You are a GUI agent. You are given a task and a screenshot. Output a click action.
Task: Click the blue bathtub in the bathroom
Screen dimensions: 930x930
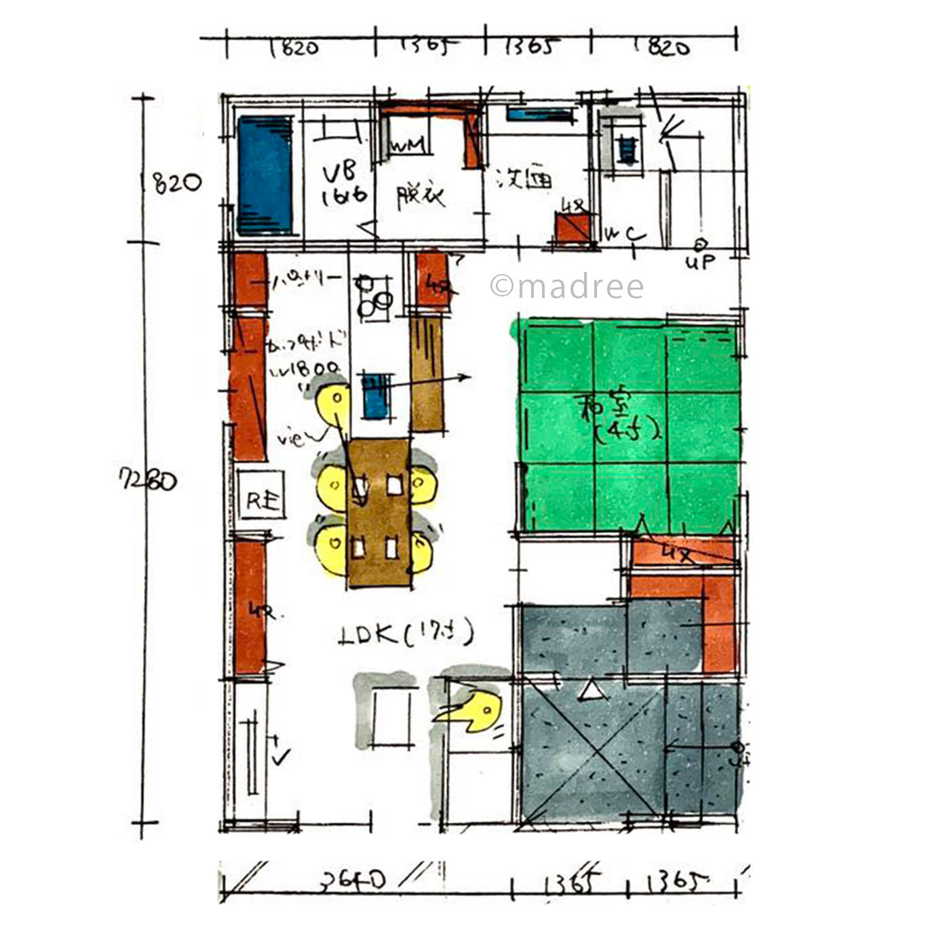tap(265, 175)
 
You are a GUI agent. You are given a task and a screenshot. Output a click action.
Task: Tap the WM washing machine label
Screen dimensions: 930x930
tap(408, 145)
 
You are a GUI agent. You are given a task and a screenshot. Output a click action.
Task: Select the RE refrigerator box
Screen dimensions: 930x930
tap(261, 501)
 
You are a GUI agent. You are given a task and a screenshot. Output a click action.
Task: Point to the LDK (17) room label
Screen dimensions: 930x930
tap(405, 634)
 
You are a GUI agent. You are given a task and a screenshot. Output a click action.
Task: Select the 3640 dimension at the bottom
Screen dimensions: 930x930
tap(353, 880)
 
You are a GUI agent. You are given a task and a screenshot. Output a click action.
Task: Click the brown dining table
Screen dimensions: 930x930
tap(379, 512)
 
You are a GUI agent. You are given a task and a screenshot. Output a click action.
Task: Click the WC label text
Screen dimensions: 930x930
tap(625, 235)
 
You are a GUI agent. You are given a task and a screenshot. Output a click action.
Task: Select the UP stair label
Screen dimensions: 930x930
tap(699, 261)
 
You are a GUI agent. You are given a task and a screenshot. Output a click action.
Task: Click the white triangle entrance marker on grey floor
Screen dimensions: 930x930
tap(591, 691)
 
